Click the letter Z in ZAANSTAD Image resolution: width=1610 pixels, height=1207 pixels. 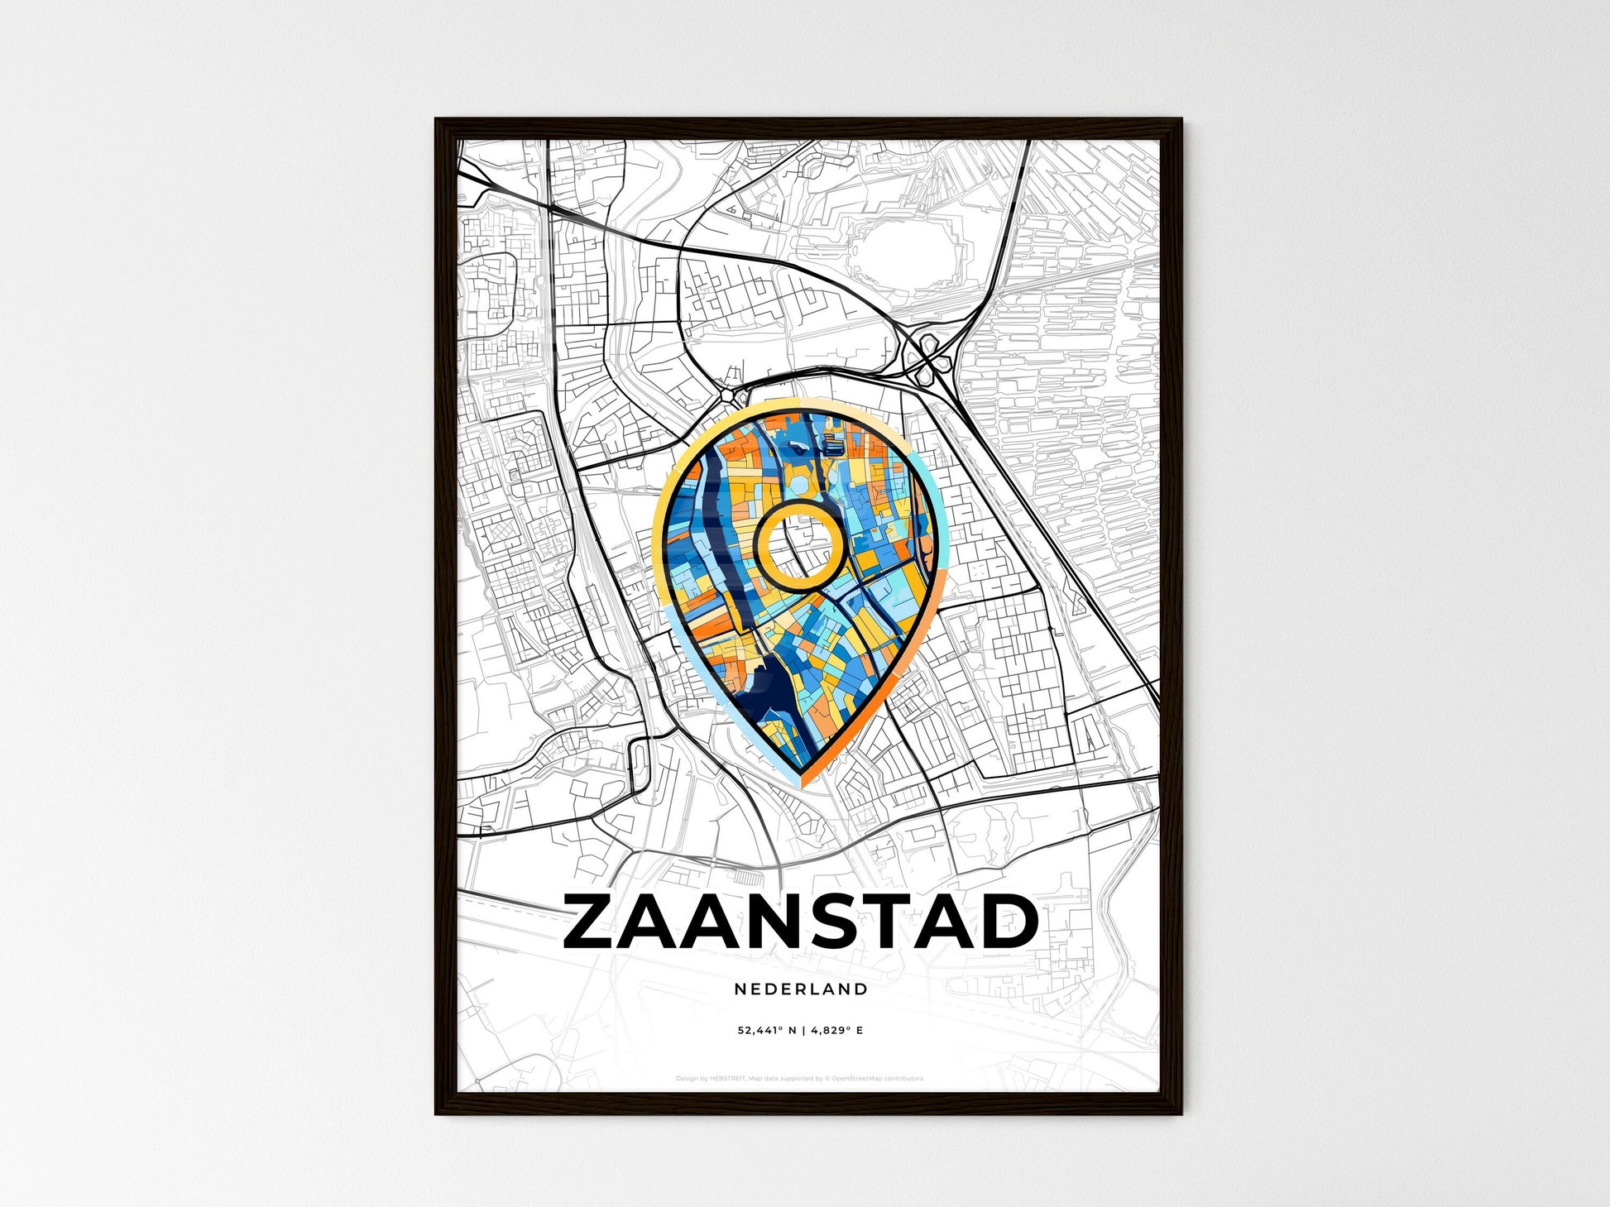593,922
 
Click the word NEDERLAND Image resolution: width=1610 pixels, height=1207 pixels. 801,989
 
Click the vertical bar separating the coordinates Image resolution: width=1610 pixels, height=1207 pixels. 801,1031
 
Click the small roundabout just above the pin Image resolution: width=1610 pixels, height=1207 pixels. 729,395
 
